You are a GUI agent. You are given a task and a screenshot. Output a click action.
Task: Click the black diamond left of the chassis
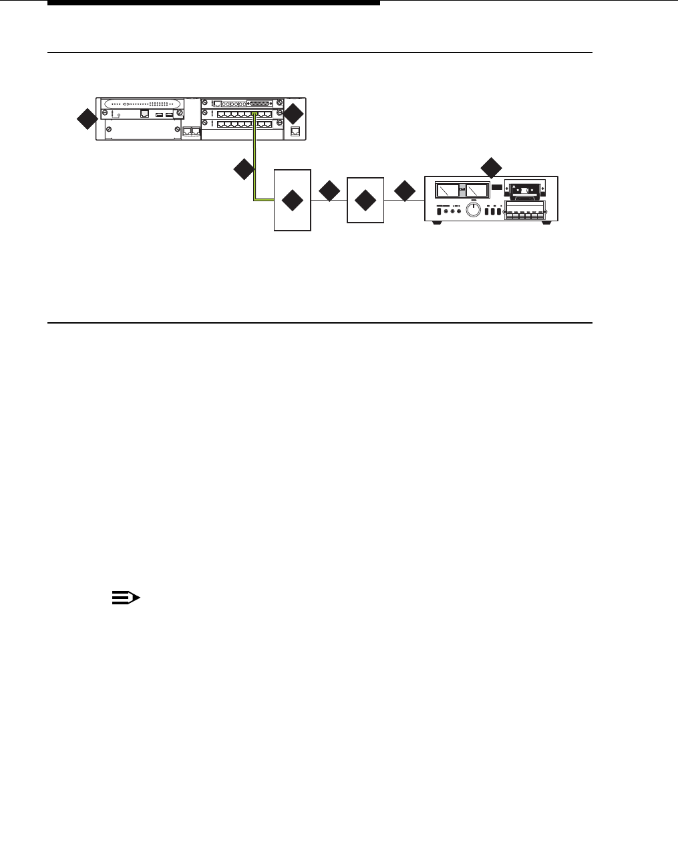click(x=86, y=121)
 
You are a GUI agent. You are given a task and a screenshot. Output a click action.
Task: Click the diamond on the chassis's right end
click(x=293, y=114)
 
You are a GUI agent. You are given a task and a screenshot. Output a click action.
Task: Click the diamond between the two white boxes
click(x=329, y=191)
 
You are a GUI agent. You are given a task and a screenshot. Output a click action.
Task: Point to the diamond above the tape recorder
click(x=492, y=167)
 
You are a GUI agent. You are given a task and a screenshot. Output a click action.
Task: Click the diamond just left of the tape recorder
click(x=405, y=191)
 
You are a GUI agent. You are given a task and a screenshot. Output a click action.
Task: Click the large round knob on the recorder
click(x=473, y=211)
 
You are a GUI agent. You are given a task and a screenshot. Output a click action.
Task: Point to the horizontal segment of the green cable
click(x=265, y=199)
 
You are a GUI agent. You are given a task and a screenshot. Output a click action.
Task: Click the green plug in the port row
click(x=255, y=116)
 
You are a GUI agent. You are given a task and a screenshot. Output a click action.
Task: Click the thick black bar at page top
click(x=214, y=3)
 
